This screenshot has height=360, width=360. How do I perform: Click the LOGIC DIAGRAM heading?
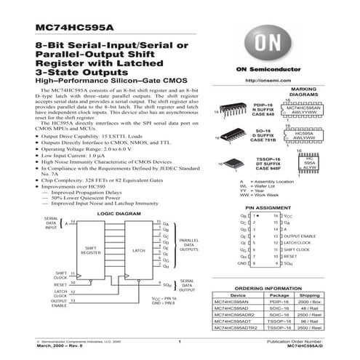[x=117, y=215]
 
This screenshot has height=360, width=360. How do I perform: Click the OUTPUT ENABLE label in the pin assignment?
[x=300, y=236]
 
